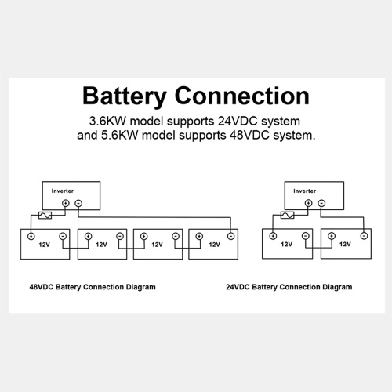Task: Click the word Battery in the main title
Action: point(125,96)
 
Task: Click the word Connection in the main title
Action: point(242,96)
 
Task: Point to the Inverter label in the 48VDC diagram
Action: point(63,191)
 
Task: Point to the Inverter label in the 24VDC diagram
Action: point(305,191)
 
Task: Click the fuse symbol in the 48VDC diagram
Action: point(45,216)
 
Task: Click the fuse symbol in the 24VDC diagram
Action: point(287,215)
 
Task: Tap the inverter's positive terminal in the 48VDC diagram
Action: point(66,203)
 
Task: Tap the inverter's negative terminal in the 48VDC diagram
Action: point(78,203)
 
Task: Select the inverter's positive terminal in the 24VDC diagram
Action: point(309,203)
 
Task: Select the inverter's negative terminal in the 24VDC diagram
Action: point(321,203)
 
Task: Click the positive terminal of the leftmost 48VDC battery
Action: point(31,236)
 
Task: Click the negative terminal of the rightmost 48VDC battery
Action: point(230,236)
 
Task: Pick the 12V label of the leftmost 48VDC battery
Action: point(44,245)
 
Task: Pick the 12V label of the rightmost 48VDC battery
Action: point(214,245)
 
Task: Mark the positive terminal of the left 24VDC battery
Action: point(273,236)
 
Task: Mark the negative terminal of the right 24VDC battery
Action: point(364,236)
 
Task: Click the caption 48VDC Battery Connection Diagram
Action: point(93,287)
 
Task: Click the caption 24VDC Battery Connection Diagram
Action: point(289,287)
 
